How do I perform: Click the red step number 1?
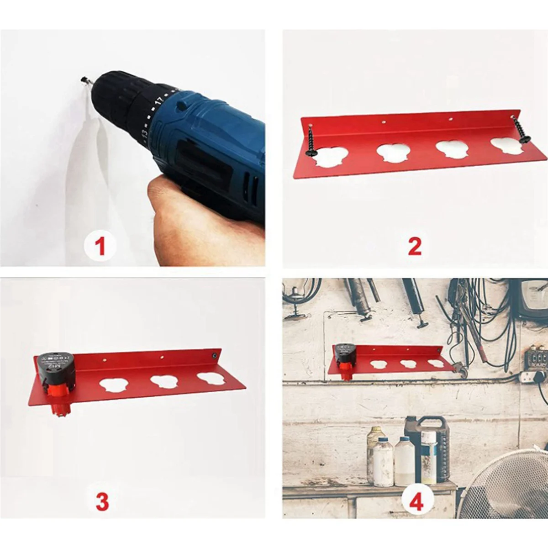[x=100, y=248]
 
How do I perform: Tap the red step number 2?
[x=414, y=247]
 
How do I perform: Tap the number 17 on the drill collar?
[x=159, y=100]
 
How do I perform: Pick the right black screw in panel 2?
[x=520, y=131]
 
